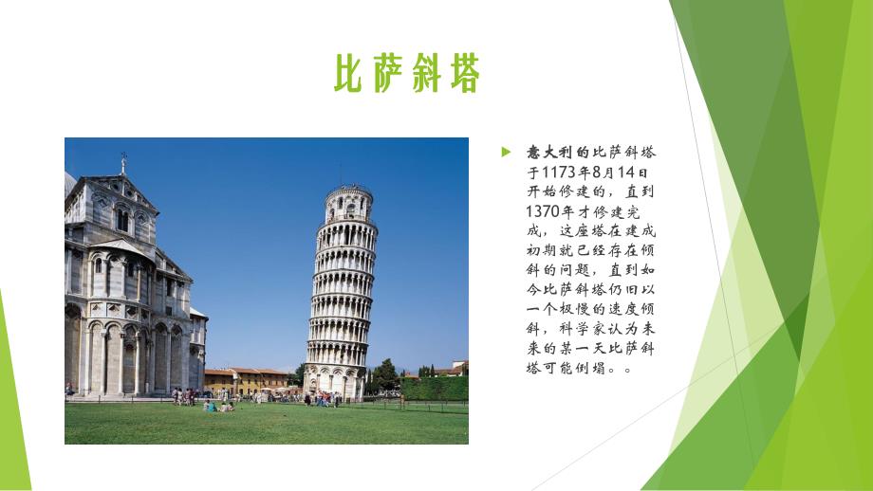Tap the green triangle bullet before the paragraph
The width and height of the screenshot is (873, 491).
pyautogui.click(x=507, y=151)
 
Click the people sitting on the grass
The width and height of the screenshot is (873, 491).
pyautogui.click(x=217, y=407)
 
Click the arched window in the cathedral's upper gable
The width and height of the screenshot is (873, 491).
pyautogui.click(x=122, y=220)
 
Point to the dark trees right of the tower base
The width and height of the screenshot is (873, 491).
pyautogui.click(x=384, y=376)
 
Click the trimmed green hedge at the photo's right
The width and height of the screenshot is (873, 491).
pyautogui.click(x=436, y=388)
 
